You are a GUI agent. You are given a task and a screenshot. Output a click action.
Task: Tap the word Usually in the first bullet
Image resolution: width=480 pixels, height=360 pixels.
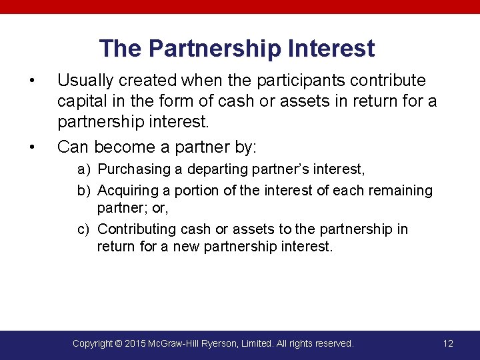[x=84, y=81]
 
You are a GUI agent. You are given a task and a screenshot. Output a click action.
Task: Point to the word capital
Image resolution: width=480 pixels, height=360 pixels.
[x=81, y=102]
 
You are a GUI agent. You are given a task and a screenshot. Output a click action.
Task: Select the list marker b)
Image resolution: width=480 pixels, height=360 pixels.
[x=84, y=191]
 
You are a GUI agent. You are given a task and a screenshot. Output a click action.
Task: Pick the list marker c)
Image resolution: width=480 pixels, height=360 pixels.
[x=84, y=229]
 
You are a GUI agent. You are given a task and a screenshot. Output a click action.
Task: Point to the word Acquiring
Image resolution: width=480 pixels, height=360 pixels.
[x=125, y=191]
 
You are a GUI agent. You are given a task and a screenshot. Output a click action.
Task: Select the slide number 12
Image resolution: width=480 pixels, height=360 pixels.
[x=448, y=343]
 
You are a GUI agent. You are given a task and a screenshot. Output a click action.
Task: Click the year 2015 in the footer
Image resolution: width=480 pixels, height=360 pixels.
[x=138, y=343]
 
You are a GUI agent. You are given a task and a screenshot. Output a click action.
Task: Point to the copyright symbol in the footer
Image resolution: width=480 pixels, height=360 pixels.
[x=119, y=343]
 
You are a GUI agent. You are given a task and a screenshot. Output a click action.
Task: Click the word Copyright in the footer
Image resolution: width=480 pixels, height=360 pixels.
[x=92, y=343]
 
